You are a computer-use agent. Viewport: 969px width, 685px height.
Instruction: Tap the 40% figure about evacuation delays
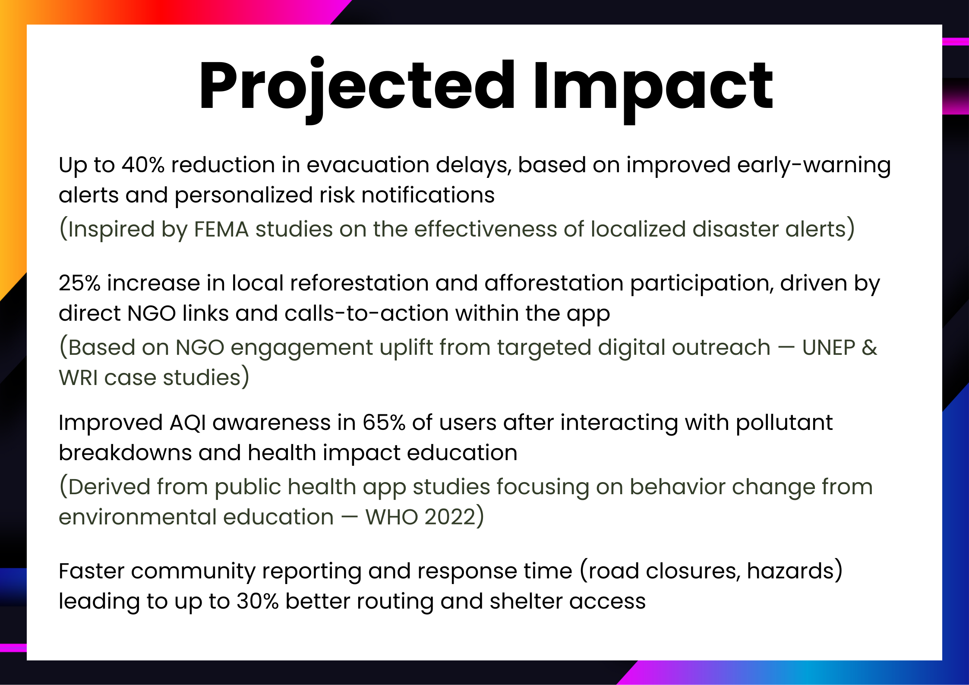[x=143, y=165]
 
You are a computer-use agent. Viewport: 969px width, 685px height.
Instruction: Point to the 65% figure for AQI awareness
[x=384, y=423]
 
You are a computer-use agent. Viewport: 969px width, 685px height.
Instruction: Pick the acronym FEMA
[x=221, y=229]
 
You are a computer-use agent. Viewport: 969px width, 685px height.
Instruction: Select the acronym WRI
[x=78, y=378]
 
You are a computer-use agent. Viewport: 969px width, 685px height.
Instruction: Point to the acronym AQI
[x=188, y=423]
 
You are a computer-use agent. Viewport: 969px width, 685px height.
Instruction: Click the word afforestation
[x=554, y=283]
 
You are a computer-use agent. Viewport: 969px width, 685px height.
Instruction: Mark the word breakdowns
[x=125, y=453]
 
